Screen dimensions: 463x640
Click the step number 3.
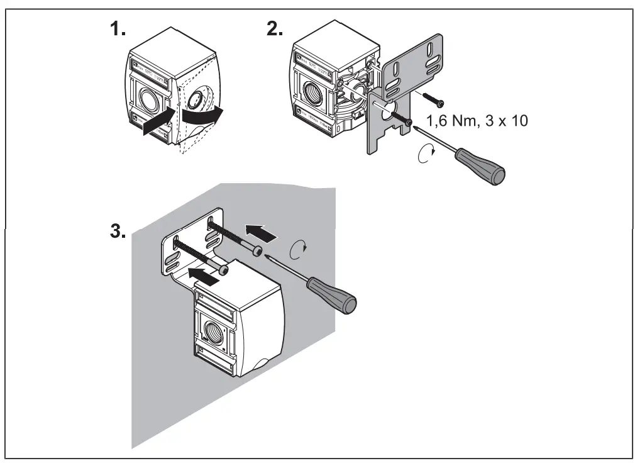[x=118, y=230]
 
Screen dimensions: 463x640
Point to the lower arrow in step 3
[x=206, y=275]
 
